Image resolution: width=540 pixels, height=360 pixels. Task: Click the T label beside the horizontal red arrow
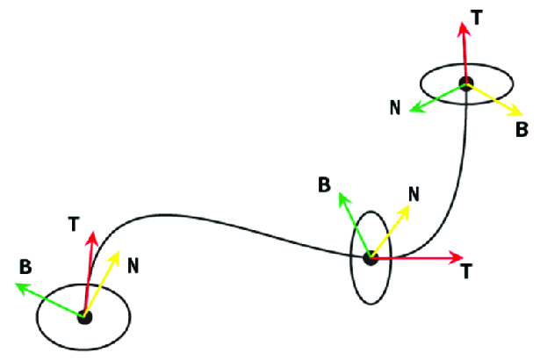pyautogui.click(x=466, y=270)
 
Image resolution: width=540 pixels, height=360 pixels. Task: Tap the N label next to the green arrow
pyautogui.click(x=395, y=107)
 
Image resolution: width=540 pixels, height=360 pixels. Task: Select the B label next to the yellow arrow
pyautogui.click(x=522, y=130)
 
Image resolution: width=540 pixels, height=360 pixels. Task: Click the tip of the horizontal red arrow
pyautogui.click(x=464, y=257)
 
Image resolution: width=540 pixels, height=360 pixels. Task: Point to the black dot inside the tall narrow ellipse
pyautogui.click(x=371, y=258)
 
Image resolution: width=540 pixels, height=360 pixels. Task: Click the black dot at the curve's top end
pyautogui.click(x=466, y=83)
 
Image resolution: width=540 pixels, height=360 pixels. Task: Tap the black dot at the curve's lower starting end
pyautogui.click(x=84, y=317)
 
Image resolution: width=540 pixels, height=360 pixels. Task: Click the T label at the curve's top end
pyautogui.click(x=476, y=18)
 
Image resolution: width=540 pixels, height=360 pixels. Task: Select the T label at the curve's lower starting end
pyautogui.click(x=74, y=224)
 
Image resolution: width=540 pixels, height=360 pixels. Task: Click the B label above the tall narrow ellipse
pyautogui.click(x=324, y=184)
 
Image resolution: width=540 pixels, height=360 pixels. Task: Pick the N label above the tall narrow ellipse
pyautogui.click(x=414, y=194)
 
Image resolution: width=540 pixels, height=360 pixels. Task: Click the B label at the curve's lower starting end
pyautogui.click(x=25, y=267)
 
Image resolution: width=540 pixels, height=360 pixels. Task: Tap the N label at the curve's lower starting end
pyautogui.click(x=133, y=266)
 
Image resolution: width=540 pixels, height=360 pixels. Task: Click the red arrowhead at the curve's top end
pyautogui.click(x=464, y=29)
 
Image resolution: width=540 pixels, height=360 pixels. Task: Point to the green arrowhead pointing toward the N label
pyautogui.click(x=415, y=108)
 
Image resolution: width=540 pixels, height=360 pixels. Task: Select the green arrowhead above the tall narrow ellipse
pyautogui.click(x=343, y=198)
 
